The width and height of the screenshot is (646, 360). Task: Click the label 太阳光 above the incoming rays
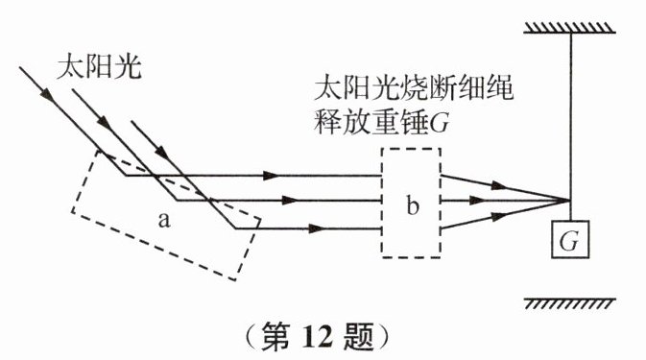[99, 67]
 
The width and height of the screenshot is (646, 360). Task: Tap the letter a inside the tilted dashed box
[164, 221]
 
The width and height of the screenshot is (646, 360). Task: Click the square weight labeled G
[570, 239]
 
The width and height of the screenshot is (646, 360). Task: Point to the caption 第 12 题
[316, 337]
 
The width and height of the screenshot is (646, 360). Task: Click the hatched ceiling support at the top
[569, 28]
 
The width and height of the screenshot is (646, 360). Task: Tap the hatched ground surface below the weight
[570, 304]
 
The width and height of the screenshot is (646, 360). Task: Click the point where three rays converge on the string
[570, 201]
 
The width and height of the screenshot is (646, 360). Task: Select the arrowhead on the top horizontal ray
[271, 176]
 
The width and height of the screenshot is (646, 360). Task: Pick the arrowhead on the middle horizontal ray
[289, 201]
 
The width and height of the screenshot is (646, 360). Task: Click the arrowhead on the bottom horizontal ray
[317, 228]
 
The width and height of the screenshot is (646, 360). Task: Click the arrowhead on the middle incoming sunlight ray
[105, 122]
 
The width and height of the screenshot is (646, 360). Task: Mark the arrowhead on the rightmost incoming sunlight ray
[162, 152]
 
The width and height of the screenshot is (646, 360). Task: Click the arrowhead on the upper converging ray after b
[498, 186]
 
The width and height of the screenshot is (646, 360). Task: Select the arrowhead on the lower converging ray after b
[498, 216]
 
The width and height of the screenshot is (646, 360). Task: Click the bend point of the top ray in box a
[126, 176]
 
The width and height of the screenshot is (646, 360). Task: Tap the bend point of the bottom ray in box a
[235, 228]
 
